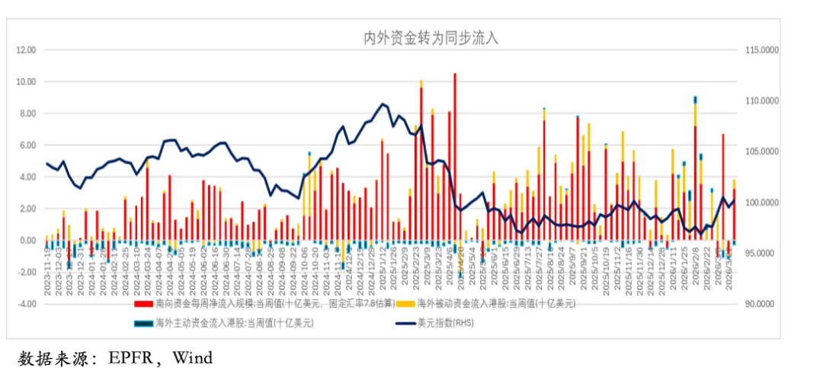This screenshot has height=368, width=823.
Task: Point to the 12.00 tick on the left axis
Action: point(27,50)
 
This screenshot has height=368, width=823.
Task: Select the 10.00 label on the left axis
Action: point(27,82)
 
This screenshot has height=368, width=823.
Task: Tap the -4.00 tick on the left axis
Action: point(27,304)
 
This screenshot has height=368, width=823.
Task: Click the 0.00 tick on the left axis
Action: point(28,241)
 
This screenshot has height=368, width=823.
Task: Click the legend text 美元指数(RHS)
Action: point(445,322)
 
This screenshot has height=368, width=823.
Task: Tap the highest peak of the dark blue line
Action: point(382,104)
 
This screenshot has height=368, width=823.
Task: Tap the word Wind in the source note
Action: point(192,357)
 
